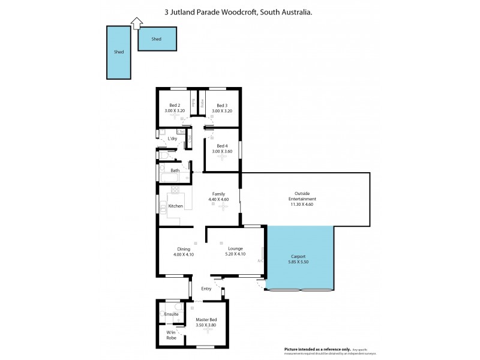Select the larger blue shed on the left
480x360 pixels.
pyautogui.click(x=119, y=52)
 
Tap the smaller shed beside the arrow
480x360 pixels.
pyautogui.click(x=157, y=39)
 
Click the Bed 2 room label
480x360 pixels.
pyautogui.click(x=175, y=106)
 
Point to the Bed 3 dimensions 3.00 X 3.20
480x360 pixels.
pyautogui.click(x=222, y=111)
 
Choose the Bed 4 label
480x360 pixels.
pyautogui.click(x=222, y=146)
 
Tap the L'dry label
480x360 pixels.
pyautogui.click(x=173, y=139)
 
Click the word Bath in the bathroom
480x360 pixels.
pyautogui.click(x=175, y=170)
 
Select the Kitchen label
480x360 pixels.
pyautogui.click(x=175, y=206)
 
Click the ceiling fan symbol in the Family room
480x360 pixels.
pyautogui.click(x=223, y=208)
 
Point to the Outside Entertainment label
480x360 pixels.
pyautogui.click(x=302, y=196)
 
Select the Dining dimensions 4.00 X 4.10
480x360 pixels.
pyautogui.click(x=184, y=255)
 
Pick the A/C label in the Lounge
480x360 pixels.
pyautogui.click(x=260, y=261)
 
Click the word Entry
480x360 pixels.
pyautogui.click(x=206, y=289)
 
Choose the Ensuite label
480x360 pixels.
pyautogui.click(x=172, y=314)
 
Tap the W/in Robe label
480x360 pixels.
pyautogui.click(x=172, y=335)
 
